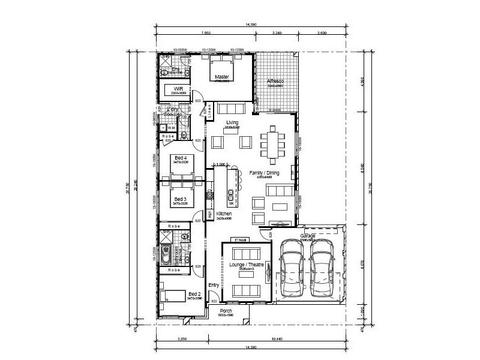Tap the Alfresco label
pyautogui.click(x=275, y=81)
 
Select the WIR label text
pyautogui.click(x=178, y=88)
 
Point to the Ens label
pyautogui.click(x=176, y=69)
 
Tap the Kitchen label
pyautogui.click(x=224, y=214)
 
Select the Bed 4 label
pyautogui.click(x=181, y=158)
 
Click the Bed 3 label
pyautogui.click(x=181, y=199)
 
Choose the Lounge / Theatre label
pyautogui.click(x=243, y=265)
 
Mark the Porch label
pyautogui.click(x=226, y=311)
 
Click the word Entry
pyautogui.click(x=213, y=285)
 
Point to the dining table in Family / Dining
pyautogui.click(x=274, y=145)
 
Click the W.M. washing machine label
pyautogui.click(x=171, y=128)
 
